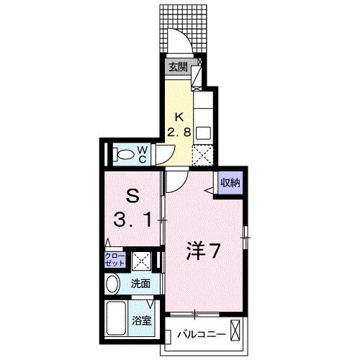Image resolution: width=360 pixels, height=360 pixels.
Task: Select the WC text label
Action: coord(144,153)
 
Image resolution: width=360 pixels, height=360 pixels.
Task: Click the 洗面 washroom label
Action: coord(141,284)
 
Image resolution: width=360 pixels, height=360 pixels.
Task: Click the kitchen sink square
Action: coord(203,132)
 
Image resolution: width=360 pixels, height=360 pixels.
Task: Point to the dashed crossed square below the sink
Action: coord(203,153)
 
